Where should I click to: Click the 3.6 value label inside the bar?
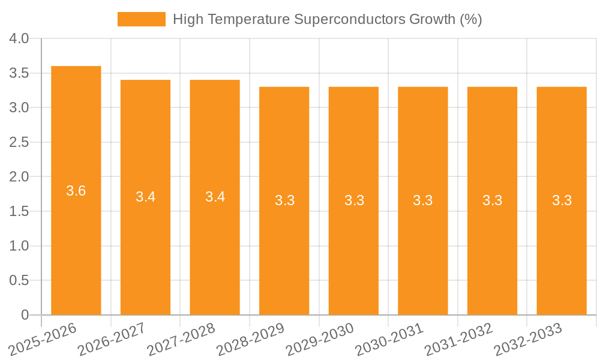coord(76,191)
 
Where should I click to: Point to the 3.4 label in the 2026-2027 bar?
coord(146,197)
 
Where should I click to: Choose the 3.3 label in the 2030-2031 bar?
coord(423,200)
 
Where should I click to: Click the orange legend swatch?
coord(141,19)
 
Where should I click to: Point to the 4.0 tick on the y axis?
coord(20,38)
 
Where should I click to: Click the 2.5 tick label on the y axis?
coord(20,142)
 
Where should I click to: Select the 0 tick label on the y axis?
coord(25,315)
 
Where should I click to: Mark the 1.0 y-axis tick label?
coord(20,246)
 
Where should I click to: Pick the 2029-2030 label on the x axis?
coord(320,340)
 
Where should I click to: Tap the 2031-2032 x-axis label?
coord(459,340)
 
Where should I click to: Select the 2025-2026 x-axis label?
coord(43,340)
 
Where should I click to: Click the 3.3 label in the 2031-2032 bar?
coord(493,200)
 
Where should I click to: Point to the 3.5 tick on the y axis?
coord(20,73)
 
